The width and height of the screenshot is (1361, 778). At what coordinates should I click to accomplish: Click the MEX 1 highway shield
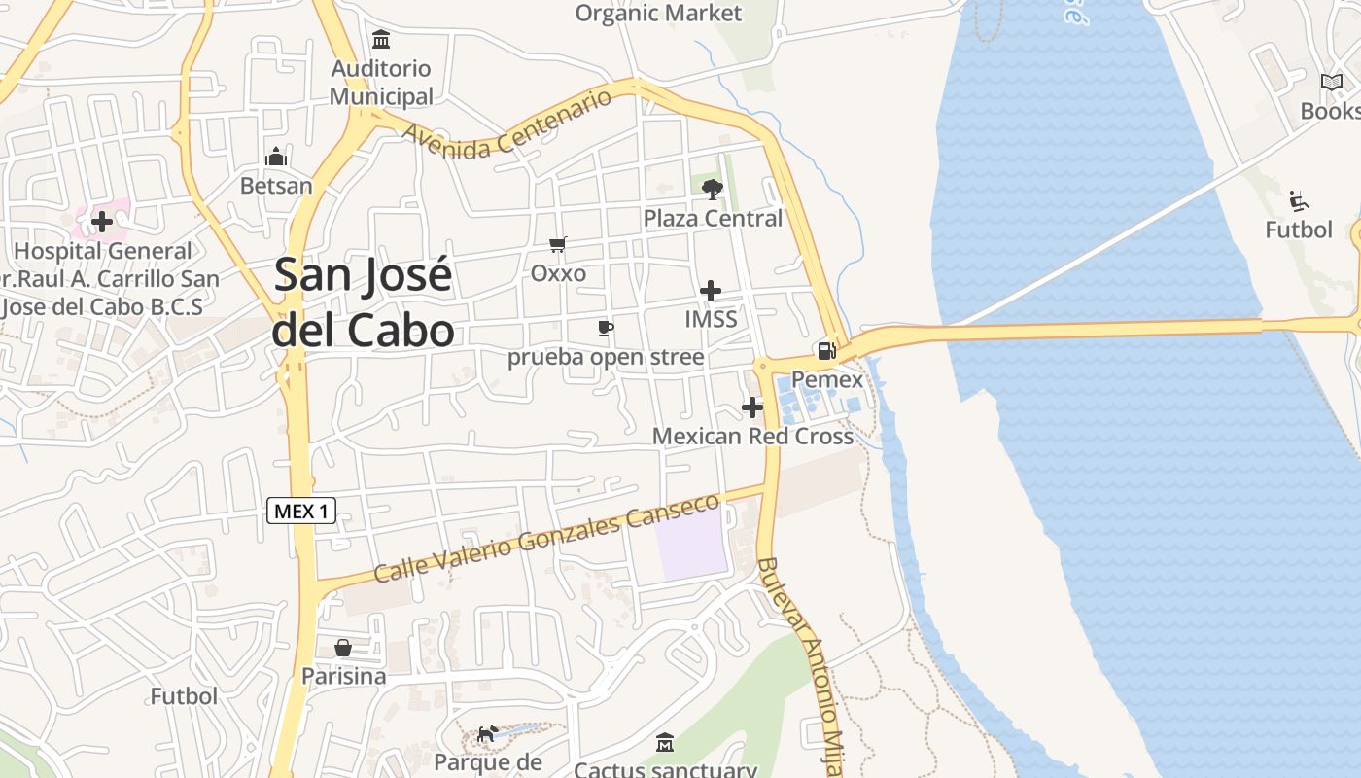click(301, 511)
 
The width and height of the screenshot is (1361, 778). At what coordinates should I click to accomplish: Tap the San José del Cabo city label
click(364, 301)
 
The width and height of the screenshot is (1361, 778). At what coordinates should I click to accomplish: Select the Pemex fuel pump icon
click(826, 351)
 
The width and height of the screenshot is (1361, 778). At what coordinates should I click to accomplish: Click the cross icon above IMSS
click(711, 291)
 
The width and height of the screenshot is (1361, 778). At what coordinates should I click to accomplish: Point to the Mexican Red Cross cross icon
click(752, 407)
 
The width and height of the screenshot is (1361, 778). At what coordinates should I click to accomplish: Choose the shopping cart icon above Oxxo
click(557, 245)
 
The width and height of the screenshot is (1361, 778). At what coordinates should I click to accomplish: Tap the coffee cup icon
click(605, 328)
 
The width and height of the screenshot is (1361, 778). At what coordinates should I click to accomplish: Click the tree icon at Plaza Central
click(713, 189)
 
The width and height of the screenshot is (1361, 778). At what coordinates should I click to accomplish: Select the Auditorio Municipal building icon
click(381, 40)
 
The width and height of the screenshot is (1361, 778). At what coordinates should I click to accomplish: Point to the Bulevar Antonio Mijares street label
click(800, 667)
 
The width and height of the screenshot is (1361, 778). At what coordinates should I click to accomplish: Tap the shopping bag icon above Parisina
click(343, 648)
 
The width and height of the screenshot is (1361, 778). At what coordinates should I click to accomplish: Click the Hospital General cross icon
click(102, 222)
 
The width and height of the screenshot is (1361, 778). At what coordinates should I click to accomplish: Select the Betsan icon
click(277, 157)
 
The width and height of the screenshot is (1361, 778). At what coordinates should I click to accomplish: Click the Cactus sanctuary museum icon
click(665, 743)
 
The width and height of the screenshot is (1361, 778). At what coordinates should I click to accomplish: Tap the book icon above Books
click(1331, 83)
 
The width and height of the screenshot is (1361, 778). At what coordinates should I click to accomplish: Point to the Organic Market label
click(658, 13)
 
